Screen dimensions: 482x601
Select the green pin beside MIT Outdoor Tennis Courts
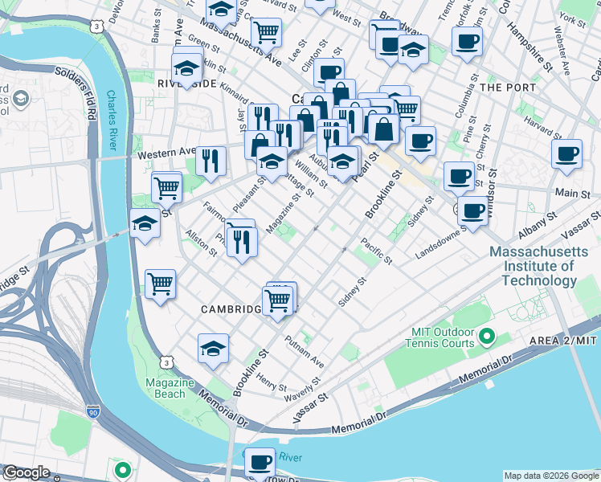pyautogui.click(x=486, y=335)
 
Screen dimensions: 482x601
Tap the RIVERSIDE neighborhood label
pyautogui.click(x=186, y=84)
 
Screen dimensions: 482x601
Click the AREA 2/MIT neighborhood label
pyautogui.click(x=564, y=341)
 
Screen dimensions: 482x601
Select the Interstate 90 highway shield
pyautogui.click(x=95, y=413)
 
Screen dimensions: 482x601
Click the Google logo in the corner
pyautogui.click(x=27, y=472)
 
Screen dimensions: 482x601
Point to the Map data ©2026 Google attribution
pyautogui.click(x=550, y=476)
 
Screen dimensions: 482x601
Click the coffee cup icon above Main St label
pyautogui.click(x=566, y=152)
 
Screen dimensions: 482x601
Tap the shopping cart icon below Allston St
pyautogui.click(x=161, y=284)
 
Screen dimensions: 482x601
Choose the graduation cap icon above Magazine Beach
pyautogui.click(x=213, y=347)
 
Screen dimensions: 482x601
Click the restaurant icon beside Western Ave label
pyautogui.click(x=211, y=160)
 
